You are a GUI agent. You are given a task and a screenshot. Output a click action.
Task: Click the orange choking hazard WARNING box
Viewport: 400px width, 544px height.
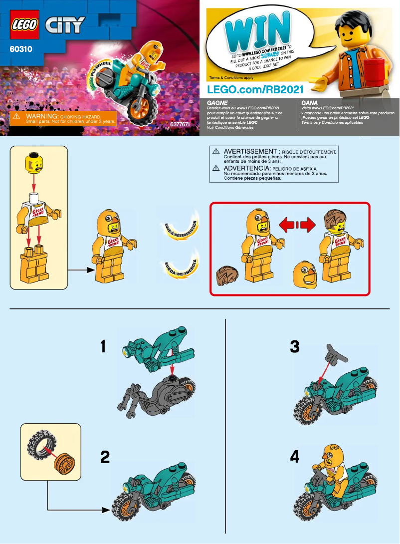coord(64,118)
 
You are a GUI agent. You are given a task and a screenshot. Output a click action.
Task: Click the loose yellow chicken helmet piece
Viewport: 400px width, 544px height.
coord(305,274)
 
